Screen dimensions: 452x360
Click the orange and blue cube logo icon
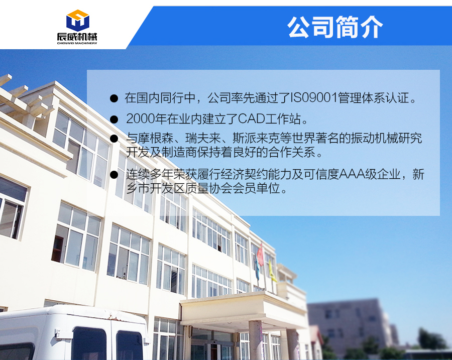77,21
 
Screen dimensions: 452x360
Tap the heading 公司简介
335,27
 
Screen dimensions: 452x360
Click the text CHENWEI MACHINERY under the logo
77,43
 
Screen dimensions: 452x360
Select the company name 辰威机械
77,37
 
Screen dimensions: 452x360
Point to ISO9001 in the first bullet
314,98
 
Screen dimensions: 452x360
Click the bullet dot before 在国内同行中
114,98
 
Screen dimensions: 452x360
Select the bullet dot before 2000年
114,119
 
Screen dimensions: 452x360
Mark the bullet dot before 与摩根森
114,139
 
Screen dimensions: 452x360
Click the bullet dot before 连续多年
114,175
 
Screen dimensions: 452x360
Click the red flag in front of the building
260,255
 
